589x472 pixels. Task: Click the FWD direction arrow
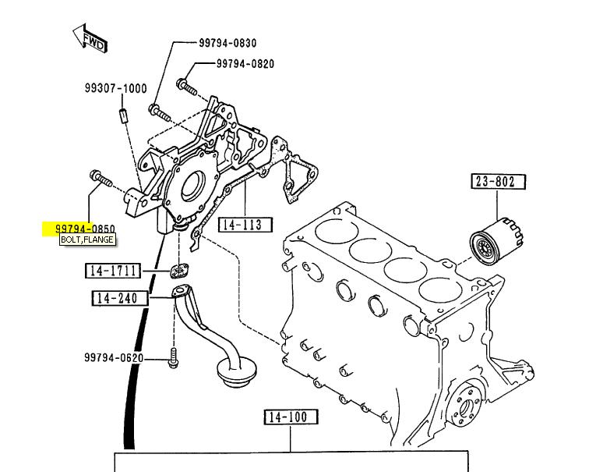[x=90, y=39]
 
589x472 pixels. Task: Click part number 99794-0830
[x=227, y=43]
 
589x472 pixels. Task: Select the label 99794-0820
[x=245, y=63]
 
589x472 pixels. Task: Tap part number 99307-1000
[x=115, y=88]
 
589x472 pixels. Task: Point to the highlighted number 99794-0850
[x=85, y=229]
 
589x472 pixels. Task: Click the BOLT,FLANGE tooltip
[x=87, y=240]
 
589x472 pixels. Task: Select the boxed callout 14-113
[x=245, y=225]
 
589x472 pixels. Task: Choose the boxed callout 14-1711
[x=113, y=271]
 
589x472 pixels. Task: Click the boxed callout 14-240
[x=120, y=298]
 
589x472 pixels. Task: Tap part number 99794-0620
[x=114, y=357]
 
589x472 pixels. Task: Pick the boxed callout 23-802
[x=498, y=182]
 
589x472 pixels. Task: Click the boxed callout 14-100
[x=291, y=417]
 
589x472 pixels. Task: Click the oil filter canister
[x=496, y=241]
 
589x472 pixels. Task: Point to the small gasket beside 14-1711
[x=179, y=271]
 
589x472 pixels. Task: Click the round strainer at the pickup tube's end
[x=236, y=371]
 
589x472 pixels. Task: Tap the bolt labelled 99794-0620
[x=173, y=357]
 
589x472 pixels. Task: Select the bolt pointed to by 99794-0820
[x=186, y=86]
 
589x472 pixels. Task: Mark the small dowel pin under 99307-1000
[x=123, y=115]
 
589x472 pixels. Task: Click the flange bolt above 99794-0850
[x=101, y=179]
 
